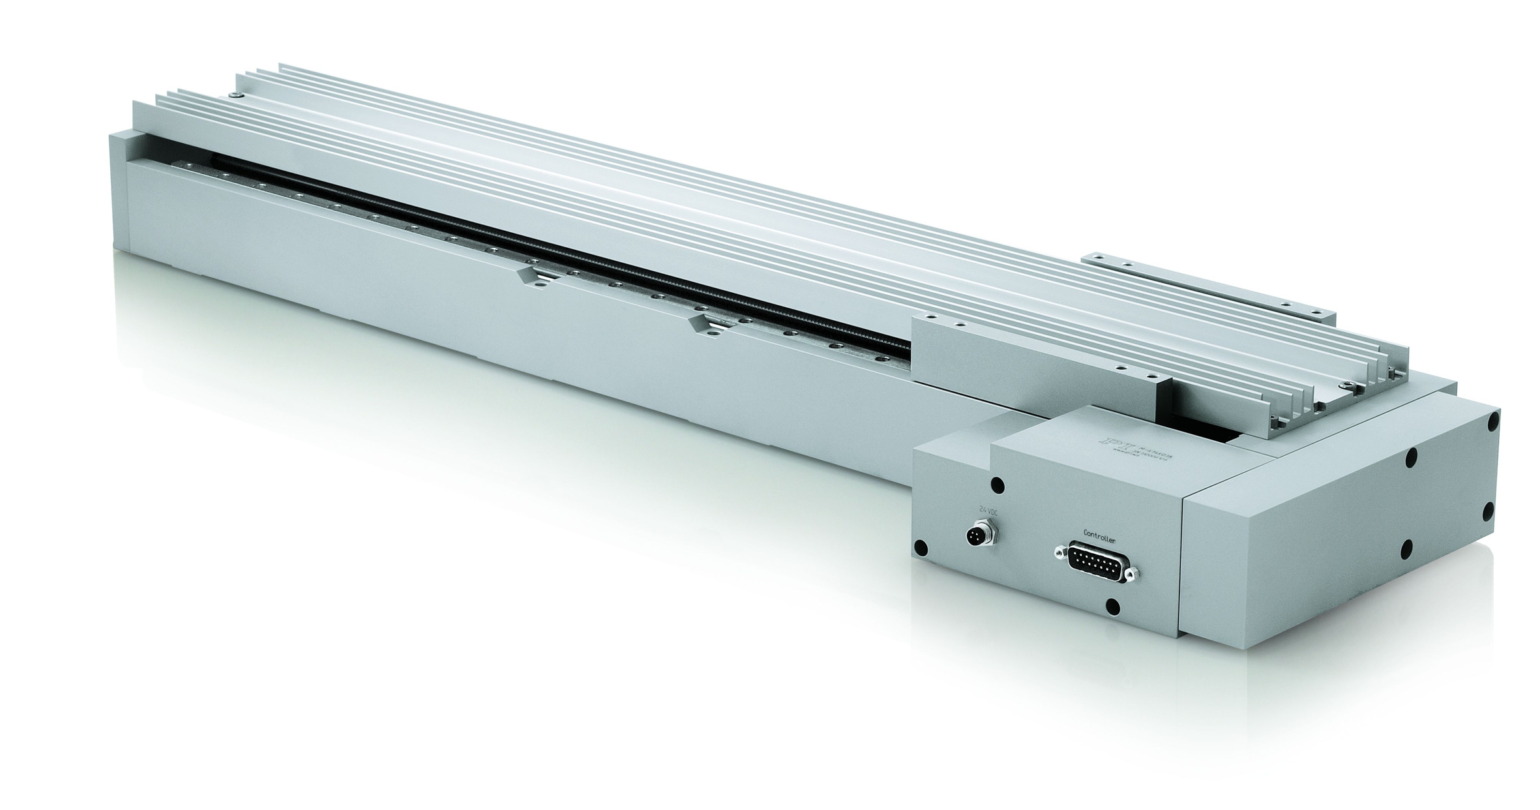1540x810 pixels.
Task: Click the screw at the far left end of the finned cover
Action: pos(237,95)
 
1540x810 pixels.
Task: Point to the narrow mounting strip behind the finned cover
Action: pos(1206,286)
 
